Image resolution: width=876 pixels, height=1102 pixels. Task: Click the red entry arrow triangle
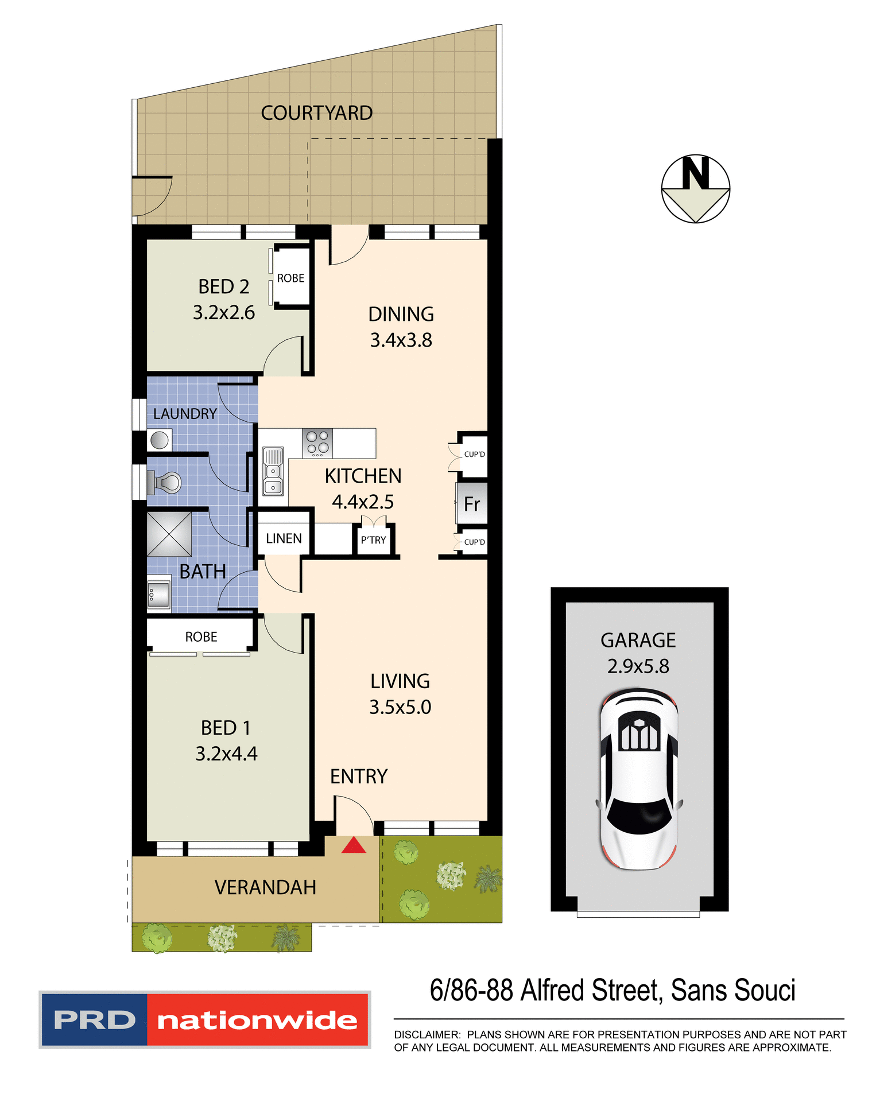point(354,845)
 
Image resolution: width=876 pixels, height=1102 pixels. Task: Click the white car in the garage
point(639,781)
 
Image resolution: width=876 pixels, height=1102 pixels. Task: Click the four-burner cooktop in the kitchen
point(317,443)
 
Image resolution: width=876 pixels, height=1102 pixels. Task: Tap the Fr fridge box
point(472,504)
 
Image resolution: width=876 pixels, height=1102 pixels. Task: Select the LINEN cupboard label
point(284,538)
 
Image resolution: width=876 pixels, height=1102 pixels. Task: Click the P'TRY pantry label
point(373,540)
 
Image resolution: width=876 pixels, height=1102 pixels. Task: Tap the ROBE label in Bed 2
point(290,278)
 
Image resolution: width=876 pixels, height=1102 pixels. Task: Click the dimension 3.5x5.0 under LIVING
point(400,707)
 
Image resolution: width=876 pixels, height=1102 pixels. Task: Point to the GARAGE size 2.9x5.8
point(638,666)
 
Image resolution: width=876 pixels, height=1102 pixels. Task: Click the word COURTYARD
point(316,113)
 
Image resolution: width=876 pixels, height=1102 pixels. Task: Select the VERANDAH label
point(265,887)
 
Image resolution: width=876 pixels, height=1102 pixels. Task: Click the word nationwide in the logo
point(257,1020)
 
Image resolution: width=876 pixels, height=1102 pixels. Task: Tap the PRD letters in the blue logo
point(94,1020)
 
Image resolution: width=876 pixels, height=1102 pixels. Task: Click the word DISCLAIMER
point(427,1035)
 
